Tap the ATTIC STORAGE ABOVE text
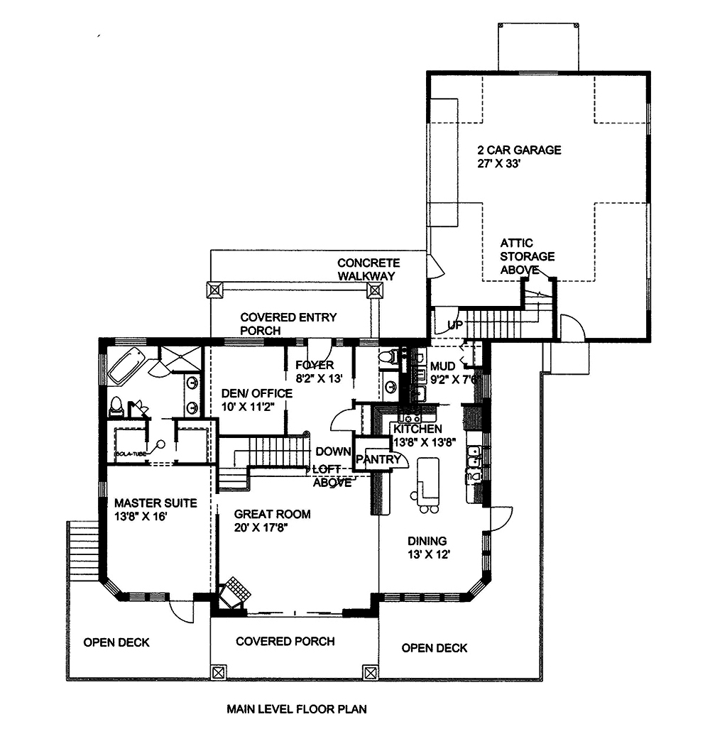click(527, 256)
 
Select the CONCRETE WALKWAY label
click(368, 269)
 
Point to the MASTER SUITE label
click(155, 503)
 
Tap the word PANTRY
click(379, 460)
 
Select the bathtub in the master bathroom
click(127, 365)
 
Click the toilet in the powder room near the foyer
click(387, 357)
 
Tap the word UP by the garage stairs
click(455, 324)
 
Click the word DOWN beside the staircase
click(334, 451)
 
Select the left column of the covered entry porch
click(214, 290)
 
